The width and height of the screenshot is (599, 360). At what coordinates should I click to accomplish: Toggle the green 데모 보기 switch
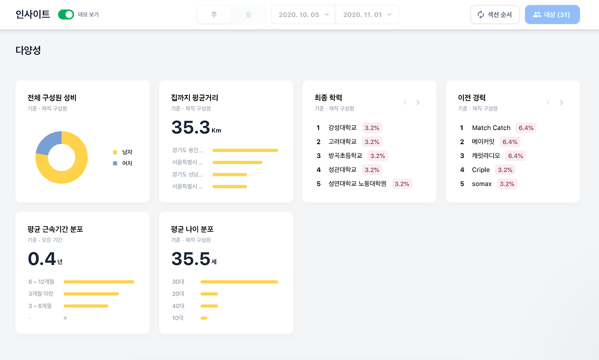(x=66, y=15)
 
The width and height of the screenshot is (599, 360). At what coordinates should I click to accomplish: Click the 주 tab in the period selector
(x=214, y=15)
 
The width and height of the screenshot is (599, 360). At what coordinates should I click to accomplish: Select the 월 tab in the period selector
(x=248, y=15)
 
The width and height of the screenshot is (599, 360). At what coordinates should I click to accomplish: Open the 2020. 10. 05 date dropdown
(x=303, y=15)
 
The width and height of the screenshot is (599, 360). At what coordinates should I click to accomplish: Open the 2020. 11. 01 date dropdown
(x=367, y=15)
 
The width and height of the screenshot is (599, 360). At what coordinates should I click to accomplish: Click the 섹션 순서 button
(x=495, y=15)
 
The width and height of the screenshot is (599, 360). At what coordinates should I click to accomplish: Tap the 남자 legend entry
(x=123, y=152)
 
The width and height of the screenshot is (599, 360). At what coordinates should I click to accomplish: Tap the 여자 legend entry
(x=123, y=163)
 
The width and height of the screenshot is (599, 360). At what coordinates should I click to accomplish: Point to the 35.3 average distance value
(x=190, y=127)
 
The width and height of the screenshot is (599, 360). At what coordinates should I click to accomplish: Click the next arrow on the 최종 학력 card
(x=418, y=103)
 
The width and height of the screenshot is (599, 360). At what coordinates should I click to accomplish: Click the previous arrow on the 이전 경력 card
(x=548, y=103)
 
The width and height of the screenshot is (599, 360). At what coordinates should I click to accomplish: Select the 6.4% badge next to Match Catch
(x=526, y=128)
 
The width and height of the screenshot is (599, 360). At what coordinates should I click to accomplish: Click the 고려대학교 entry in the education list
(x=342, y=142)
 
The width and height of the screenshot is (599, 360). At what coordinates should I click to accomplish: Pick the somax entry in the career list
(x=482, y=184)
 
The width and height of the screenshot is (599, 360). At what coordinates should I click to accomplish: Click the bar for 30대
(x=239, y=282)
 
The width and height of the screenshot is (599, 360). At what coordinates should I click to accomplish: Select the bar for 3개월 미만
(x=91, y=294)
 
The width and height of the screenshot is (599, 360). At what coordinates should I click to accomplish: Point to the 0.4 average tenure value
(x=42, y=259)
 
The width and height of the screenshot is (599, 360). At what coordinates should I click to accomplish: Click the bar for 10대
(x=204, y=318)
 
